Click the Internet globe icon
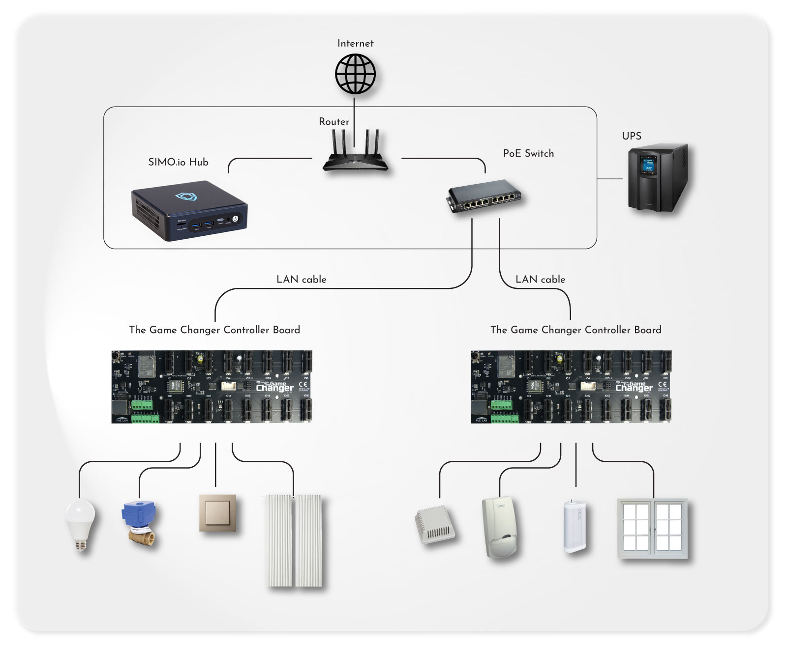point(355,74)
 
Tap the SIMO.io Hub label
point(178,162)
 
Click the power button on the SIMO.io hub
point(235,218)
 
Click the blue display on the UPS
point(648,165)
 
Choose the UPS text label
point(632,136)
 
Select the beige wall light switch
point(217,513)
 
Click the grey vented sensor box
point(435,525)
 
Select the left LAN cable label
point(301,280)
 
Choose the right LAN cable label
point(540,280)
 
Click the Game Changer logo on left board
point(274,387)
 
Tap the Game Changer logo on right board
point(634,387)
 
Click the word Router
point(334,122)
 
